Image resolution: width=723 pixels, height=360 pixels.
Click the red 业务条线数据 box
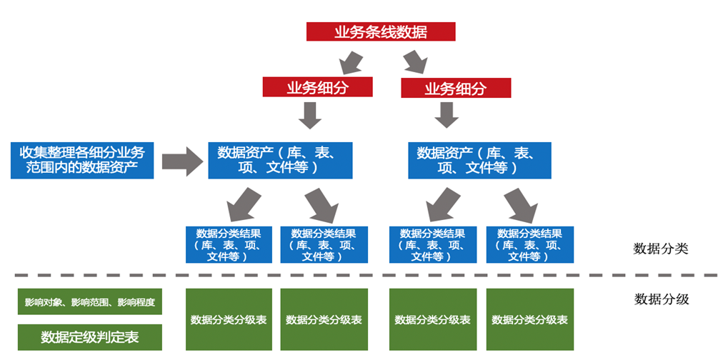pos(381,32)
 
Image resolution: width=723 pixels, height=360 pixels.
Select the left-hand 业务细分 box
pos(317,88)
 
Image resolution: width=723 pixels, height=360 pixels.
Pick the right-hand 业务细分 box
pos(455,89)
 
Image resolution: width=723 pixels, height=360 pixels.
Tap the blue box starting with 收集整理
pos(82,160)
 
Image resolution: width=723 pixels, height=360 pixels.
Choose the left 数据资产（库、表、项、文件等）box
pos(279,160)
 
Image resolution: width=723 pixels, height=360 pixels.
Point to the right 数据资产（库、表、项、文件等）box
pos(479,160)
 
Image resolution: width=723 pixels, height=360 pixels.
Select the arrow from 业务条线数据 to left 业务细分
pos(351,61)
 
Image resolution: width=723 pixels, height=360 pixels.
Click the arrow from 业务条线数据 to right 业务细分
pos(414,61)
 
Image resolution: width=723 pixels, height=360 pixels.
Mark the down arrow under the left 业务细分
pos(310,115)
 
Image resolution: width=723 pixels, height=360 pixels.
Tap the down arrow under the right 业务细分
pos(448,115)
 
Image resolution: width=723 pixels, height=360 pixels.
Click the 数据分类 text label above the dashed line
pos(661,249)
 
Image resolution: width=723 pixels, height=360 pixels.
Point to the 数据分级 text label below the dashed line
pos(661,299)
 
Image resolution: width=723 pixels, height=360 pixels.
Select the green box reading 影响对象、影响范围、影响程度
pos(89,302)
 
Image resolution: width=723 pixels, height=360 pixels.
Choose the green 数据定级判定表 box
pos(89,337)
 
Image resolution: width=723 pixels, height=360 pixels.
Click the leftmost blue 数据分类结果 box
pos(229,244)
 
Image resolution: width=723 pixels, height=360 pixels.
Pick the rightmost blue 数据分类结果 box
pos(529,244)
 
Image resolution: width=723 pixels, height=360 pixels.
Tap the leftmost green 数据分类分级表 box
pos(229,319)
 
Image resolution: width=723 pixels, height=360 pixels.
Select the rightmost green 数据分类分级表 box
pos(529,319)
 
